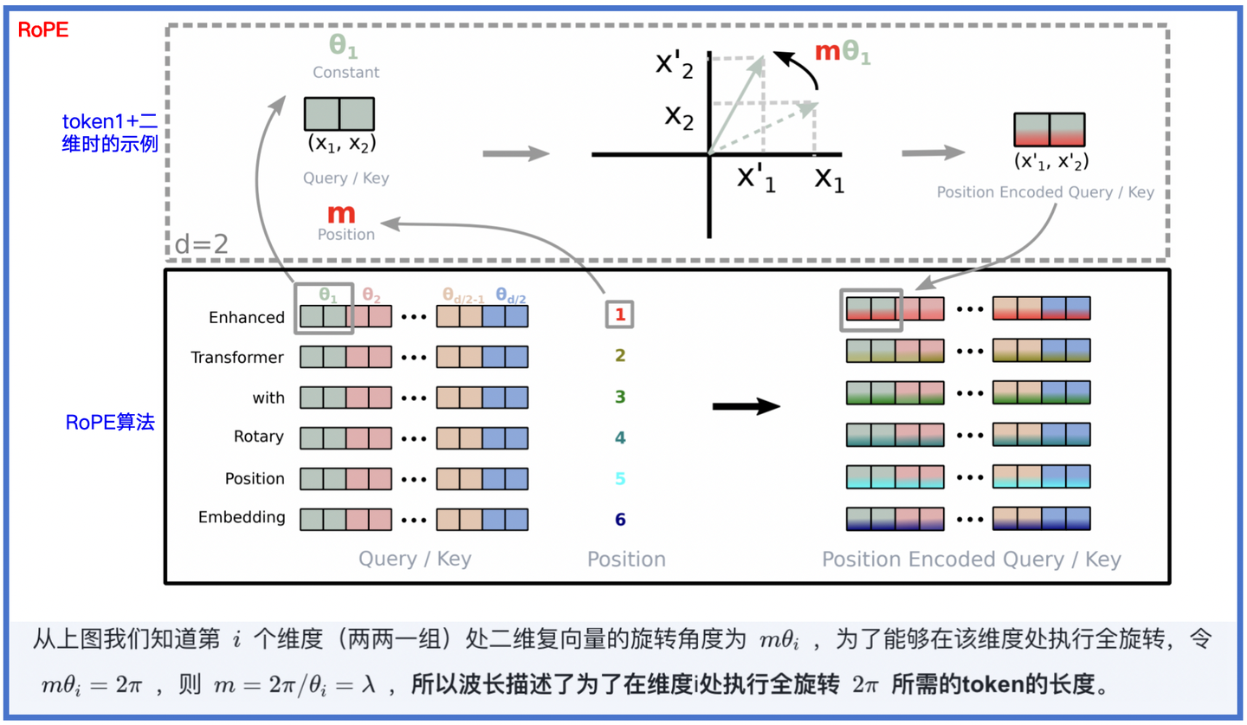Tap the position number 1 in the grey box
619,315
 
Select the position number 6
620,520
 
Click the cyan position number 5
620,479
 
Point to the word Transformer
237,358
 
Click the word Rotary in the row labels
258,437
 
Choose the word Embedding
242,518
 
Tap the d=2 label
202,244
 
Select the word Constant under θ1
346,73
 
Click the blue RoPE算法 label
110,424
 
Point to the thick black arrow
746,406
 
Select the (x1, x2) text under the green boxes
340,143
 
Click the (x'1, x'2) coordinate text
1050,161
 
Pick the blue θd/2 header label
510,296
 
